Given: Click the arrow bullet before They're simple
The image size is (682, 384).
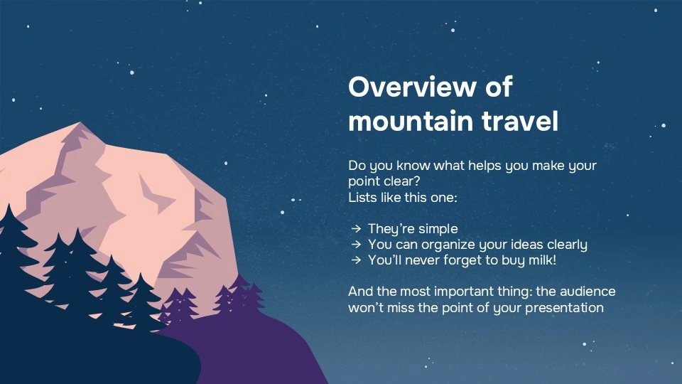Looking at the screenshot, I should (x=355, y=229).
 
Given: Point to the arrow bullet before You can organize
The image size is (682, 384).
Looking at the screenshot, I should (x=355, y=245).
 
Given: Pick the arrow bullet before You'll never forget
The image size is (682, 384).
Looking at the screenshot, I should (x=355, y=260).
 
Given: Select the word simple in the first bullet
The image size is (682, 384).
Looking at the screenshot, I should (x=438, y=229).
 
